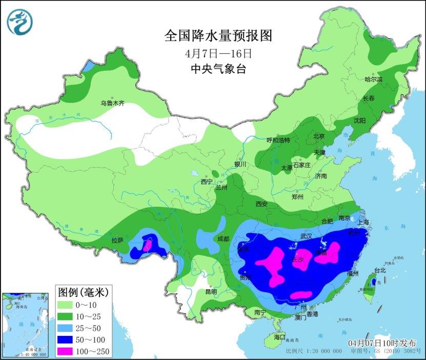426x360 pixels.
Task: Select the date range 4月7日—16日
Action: (218, 53)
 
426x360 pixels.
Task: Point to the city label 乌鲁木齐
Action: (112, 103)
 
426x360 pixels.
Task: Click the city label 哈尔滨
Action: (373, 79)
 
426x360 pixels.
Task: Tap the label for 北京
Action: (319, 136)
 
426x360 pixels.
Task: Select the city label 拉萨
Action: (117, 240)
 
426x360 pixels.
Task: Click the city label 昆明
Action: (211, 291)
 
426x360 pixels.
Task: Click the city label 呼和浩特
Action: (278, 140)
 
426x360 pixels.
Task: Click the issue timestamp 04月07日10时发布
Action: (382, 343)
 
